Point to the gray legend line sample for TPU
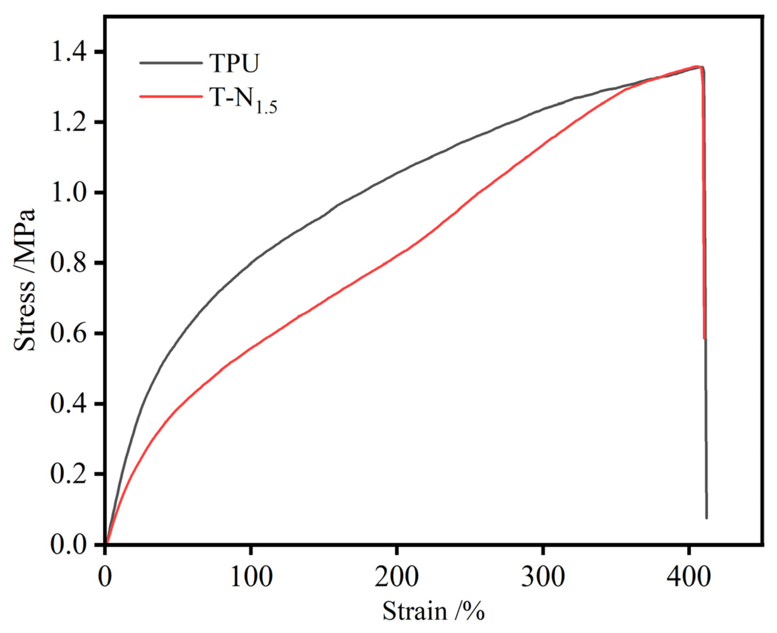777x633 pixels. coord(171,63)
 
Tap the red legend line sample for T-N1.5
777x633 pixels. coord(171,97)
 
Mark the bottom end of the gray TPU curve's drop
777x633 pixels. coord(706,518)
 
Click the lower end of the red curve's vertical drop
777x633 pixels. coord(704,338)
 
